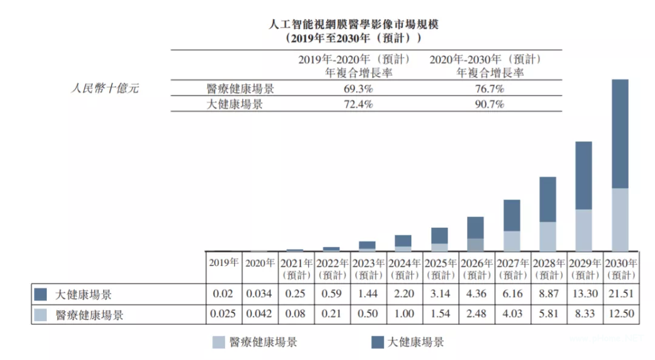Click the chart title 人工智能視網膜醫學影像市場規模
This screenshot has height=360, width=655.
353,25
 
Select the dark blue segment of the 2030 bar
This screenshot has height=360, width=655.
619,133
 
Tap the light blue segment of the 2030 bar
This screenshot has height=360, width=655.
619,219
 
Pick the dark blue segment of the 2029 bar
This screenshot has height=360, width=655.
583,175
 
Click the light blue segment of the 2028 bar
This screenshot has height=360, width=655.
548,236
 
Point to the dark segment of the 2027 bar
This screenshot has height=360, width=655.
512,215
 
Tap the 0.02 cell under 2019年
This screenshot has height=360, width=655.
224,295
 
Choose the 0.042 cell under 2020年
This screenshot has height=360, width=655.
260,315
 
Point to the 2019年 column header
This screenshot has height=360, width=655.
224,264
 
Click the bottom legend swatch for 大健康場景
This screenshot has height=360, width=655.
377,342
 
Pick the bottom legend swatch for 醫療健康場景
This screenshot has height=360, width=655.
219,342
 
